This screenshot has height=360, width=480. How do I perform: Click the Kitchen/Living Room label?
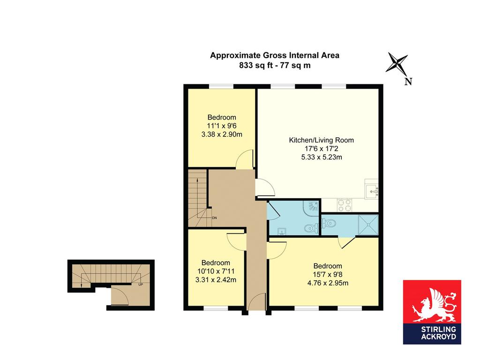coord(322,140)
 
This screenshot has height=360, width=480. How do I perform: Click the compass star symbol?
coord(397,63)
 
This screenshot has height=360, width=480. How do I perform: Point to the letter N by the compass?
coord(408,82)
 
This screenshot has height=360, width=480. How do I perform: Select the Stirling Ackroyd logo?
coord(432,312)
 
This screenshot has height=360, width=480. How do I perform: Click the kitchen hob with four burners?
coord(345,205)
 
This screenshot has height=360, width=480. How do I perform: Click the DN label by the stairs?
coord(214,218)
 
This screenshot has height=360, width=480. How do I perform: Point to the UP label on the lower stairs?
coord(141,285)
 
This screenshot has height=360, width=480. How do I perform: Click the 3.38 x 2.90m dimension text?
coord(222,135)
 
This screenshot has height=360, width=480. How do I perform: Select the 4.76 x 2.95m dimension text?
coord(328,283)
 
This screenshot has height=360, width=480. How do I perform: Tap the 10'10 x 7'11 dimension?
coord(216,271)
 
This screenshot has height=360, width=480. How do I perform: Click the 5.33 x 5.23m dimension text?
coord(322,157)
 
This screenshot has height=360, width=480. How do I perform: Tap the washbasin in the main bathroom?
coord(281,232)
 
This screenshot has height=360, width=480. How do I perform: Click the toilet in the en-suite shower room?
coord(329,224)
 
